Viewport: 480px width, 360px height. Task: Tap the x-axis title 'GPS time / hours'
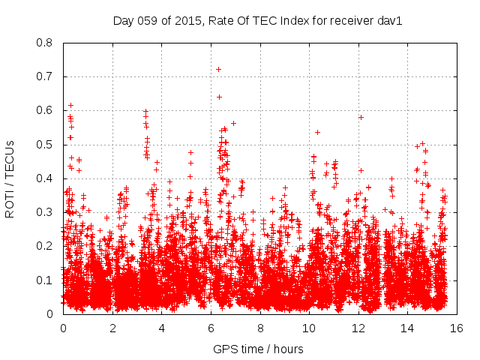point(258,349)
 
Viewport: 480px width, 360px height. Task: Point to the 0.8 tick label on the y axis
point(46,43)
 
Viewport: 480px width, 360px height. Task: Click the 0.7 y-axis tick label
point(46,76)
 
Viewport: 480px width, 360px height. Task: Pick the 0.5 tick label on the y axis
point(46,145)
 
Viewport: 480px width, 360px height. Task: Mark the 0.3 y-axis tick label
point(46,212)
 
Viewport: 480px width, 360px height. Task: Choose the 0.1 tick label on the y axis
point(46,280)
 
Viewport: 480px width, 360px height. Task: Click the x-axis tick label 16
point(457,328)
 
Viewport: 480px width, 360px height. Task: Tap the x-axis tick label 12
point(358,328)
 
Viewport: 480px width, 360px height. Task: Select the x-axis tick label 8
point(260,328)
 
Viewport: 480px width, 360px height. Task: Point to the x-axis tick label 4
point(161,328)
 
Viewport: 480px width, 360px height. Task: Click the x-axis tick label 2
point(112,328)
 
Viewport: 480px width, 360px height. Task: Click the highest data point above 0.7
point(218,69)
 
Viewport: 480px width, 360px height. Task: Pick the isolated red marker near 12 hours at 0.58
point(361,117)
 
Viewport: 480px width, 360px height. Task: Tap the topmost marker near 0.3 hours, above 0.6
point(70,105)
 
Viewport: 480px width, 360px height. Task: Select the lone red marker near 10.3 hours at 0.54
point(317,132)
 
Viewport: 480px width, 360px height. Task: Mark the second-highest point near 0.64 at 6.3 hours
point(219,96)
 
